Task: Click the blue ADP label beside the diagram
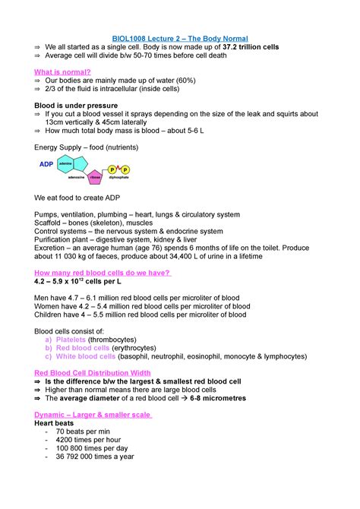click(46, 163)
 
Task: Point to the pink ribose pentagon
click(96, 177)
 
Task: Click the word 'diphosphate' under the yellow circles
click(120, 179)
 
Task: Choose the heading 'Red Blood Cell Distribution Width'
click(93, 373)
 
